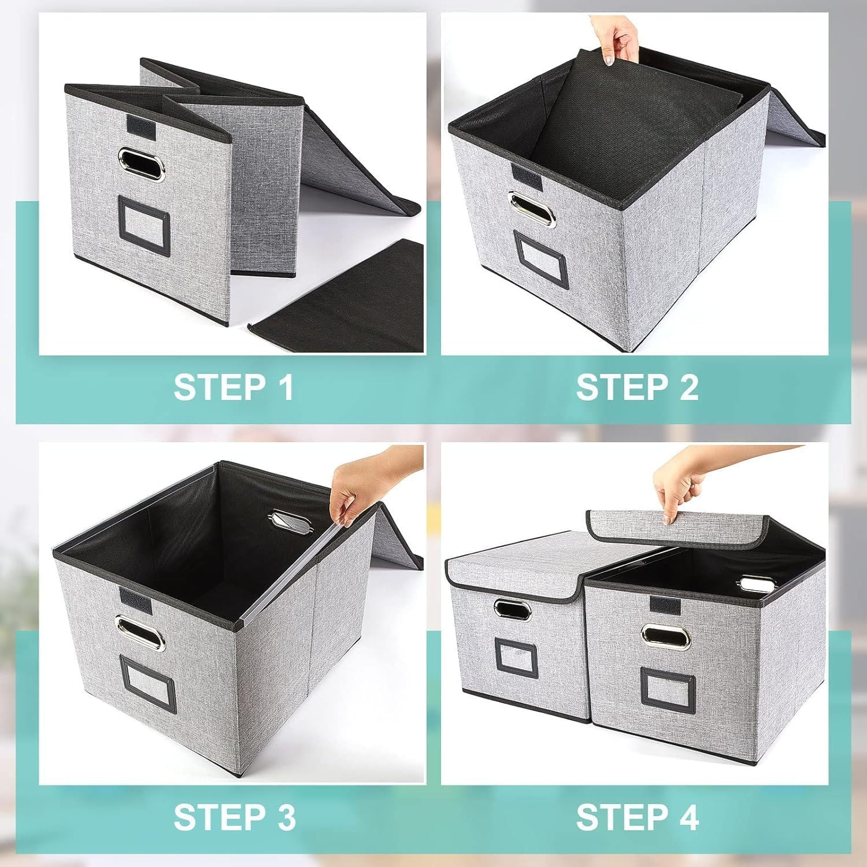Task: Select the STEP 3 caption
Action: click(x=234, y=817)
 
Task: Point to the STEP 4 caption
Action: click(x=637, y=817)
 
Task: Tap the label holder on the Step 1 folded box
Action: click(x=142, y=222)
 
